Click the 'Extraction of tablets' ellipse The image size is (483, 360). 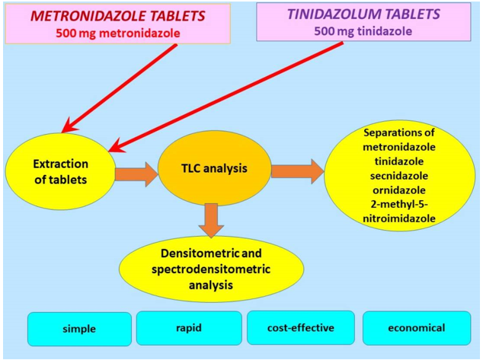60,171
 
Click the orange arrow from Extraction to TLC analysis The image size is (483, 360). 136,174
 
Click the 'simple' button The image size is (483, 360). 79,330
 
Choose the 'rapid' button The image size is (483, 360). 188,328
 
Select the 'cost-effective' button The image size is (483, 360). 300,327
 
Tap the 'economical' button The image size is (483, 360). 415,328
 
